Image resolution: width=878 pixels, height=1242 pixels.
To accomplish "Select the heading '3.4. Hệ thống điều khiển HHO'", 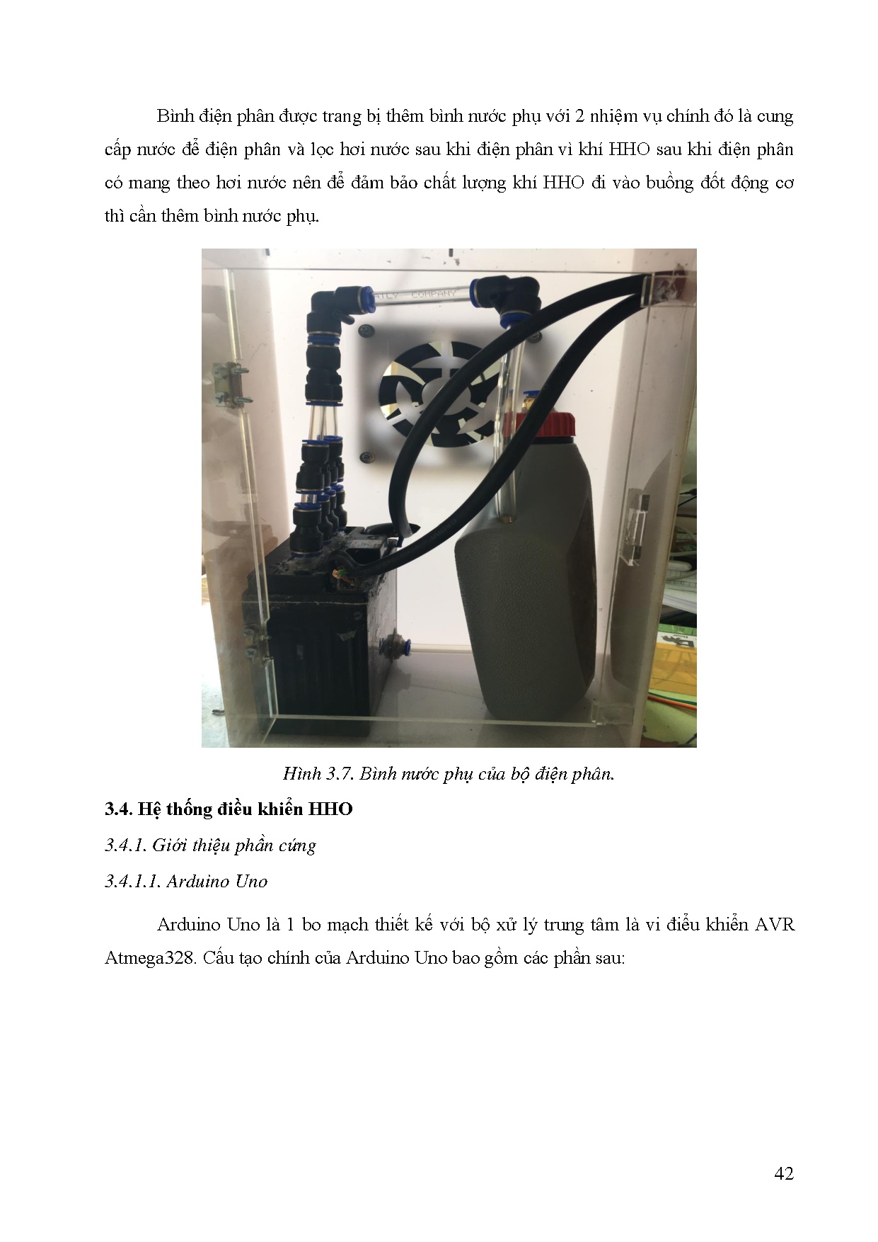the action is click(229, 809).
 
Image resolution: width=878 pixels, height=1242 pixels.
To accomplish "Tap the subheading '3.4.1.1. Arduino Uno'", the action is click(186, 882).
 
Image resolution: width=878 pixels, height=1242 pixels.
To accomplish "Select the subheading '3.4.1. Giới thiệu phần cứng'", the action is click(210, 845).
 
